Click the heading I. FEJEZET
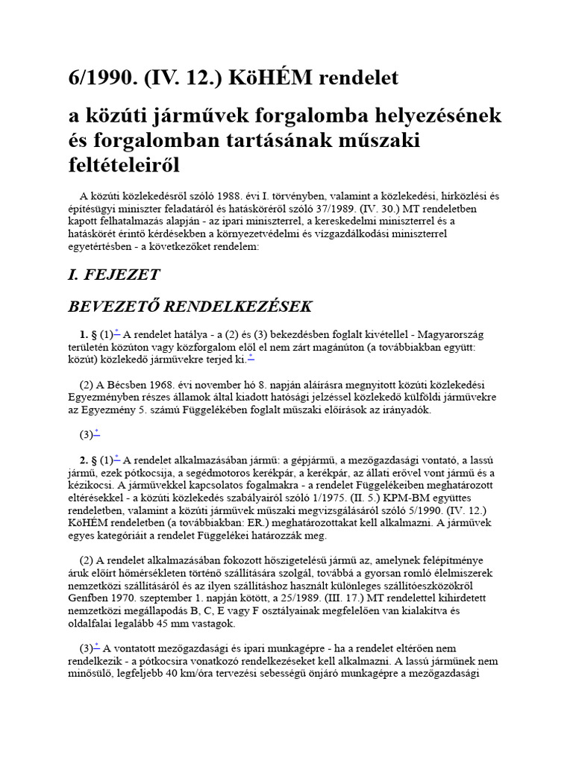(113, 274)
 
